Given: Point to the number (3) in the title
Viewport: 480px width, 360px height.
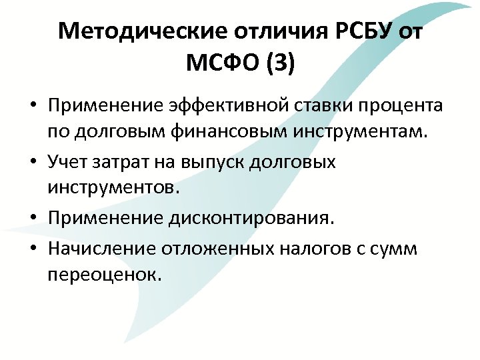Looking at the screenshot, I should click(x=278, y=65).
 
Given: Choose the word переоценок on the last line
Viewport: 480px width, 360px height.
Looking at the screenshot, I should click(x=105, y=274).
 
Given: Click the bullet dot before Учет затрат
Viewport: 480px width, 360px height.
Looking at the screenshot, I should click(x=32, y=163).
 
